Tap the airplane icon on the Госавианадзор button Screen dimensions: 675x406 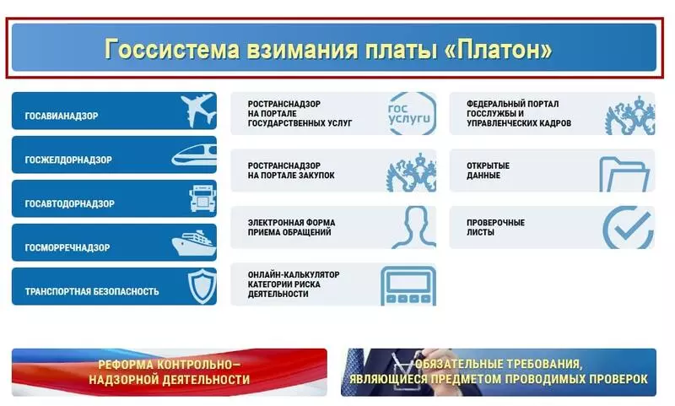point(198,111)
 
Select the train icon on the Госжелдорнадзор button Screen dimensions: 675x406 point(194,155)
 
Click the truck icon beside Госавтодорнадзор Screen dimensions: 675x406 point(202,198)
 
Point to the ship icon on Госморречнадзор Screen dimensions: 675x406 point(194,243)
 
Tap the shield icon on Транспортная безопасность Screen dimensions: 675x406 point(202,286)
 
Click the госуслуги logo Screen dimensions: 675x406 point(411,113)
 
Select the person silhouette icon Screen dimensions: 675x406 point(414,227)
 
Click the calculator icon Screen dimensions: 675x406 point(408,285)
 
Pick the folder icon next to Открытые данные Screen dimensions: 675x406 point(624,175)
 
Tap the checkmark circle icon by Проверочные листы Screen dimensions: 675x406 point(628,227)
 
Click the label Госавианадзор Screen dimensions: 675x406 point(62,116)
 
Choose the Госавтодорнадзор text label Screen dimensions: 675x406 point(70,203)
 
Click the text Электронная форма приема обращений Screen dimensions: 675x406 point(291,227)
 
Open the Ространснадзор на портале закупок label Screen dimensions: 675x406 point(291,171)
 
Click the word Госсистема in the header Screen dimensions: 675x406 point(172,49)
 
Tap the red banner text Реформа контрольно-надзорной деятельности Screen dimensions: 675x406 point(170,372)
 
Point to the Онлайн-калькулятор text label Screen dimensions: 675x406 point(294,274)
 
